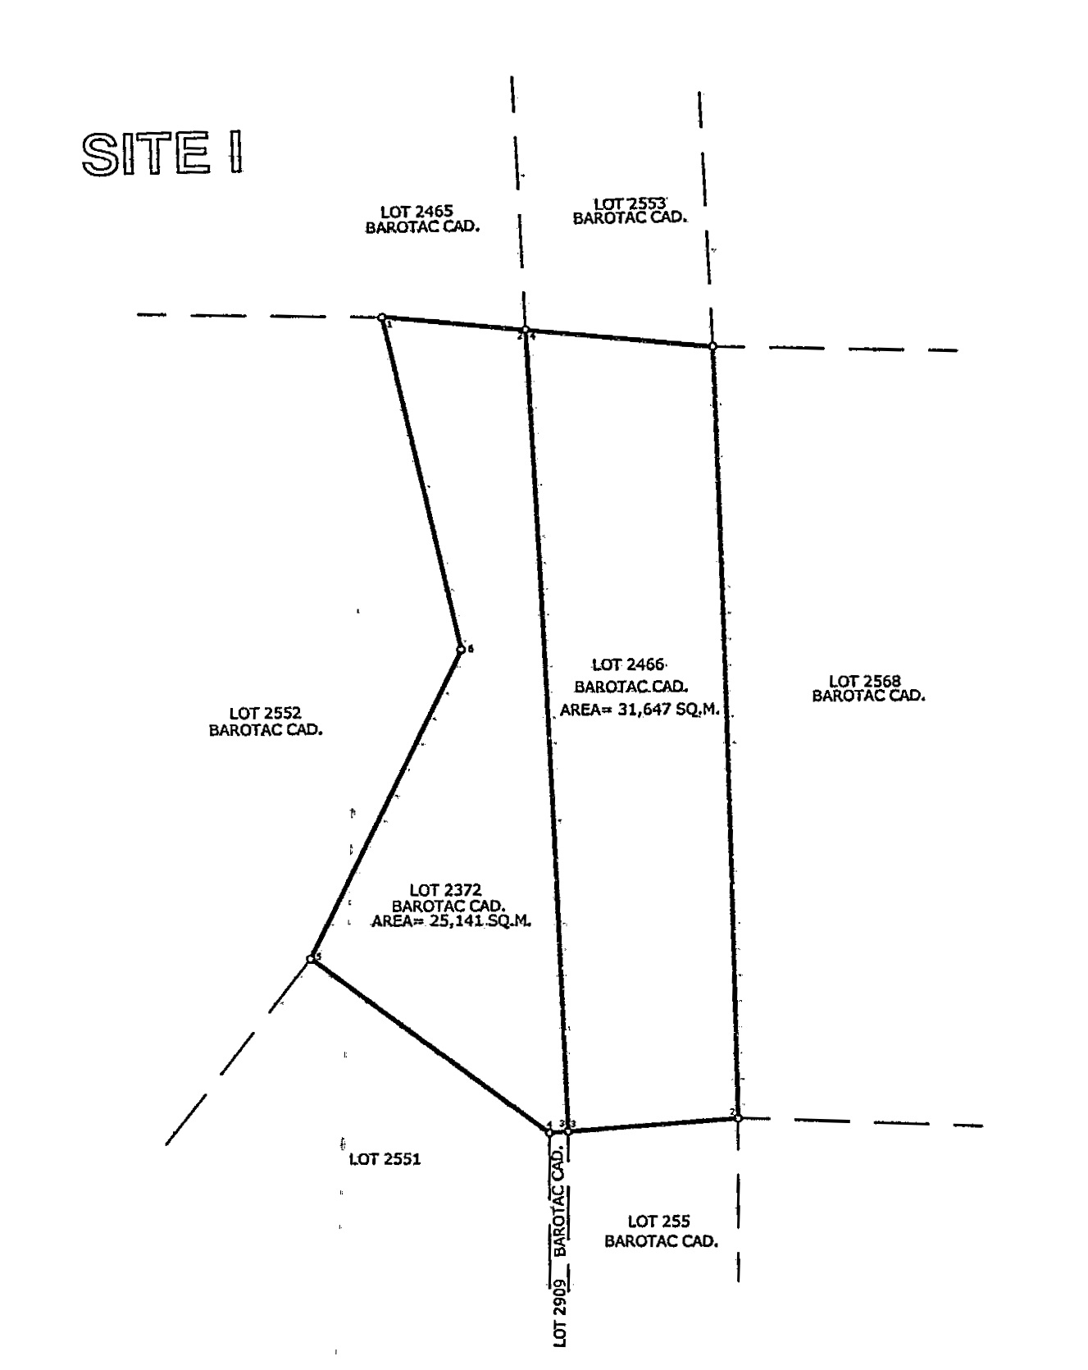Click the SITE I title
pos(162,153)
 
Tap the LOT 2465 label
pos(417,212)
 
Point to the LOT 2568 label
pos(865,681)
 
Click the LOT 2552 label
pos(266,715)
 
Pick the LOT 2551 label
pos(385,1159)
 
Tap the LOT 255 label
pos(658,1222)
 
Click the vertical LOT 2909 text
pos(560,1312)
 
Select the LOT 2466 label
pos(628,664)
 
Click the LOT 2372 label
pos(445,890)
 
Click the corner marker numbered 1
pos(382,317)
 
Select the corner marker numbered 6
pos(461,650)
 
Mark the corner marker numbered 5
pos(311,959)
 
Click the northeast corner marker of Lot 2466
pos(712,346)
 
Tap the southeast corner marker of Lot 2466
pos(738,1118)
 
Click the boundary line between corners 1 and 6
pos(421,484)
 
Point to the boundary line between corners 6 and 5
pos(385,805)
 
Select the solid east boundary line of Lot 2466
pos(726,732)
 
